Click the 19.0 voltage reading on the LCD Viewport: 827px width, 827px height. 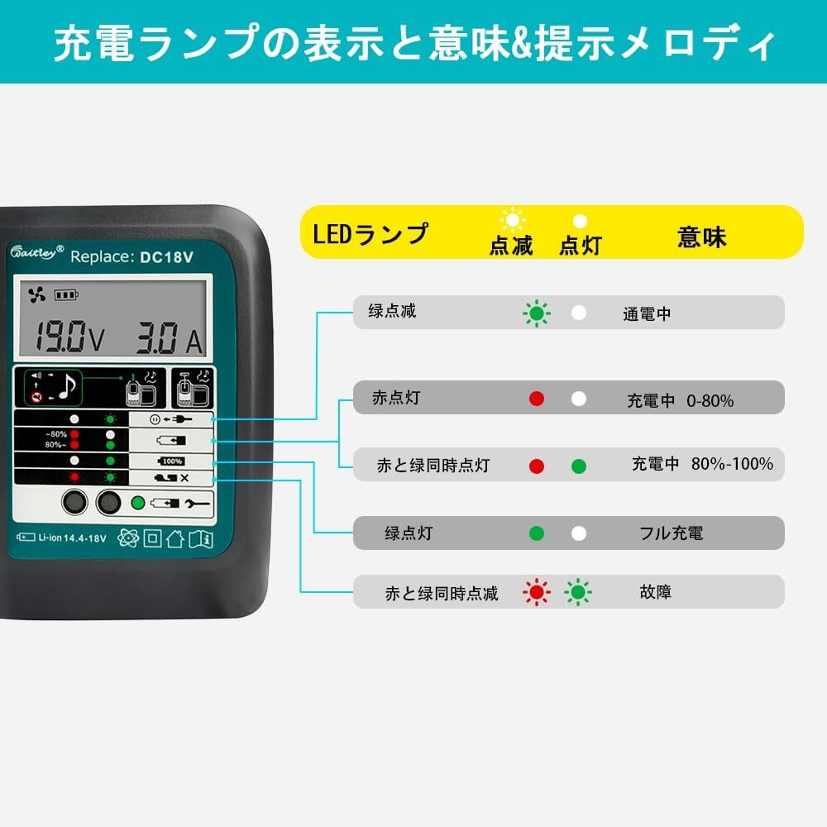(x=62, y=337)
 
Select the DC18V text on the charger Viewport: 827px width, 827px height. (x=166, y=256)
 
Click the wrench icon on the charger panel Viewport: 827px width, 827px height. (x=199, y=502)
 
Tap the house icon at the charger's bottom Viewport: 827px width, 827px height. (x=174, y=538)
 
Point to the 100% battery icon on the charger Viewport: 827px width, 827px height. (x=171, y=461)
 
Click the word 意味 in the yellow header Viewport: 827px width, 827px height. (x=701, y=237)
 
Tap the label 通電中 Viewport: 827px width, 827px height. (x=647, y=314)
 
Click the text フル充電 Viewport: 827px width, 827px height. (x=671, y=533)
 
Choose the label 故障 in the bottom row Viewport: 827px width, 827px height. (x=655, y=592)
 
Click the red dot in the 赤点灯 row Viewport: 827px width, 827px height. (x=536, y=399)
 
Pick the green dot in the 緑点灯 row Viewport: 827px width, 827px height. (x=536, y=533)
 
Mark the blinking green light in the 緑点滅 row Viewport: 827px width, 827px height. (x=536, y=313)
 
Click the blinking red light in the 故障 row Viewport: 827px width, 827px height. (x=536, y=592)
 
